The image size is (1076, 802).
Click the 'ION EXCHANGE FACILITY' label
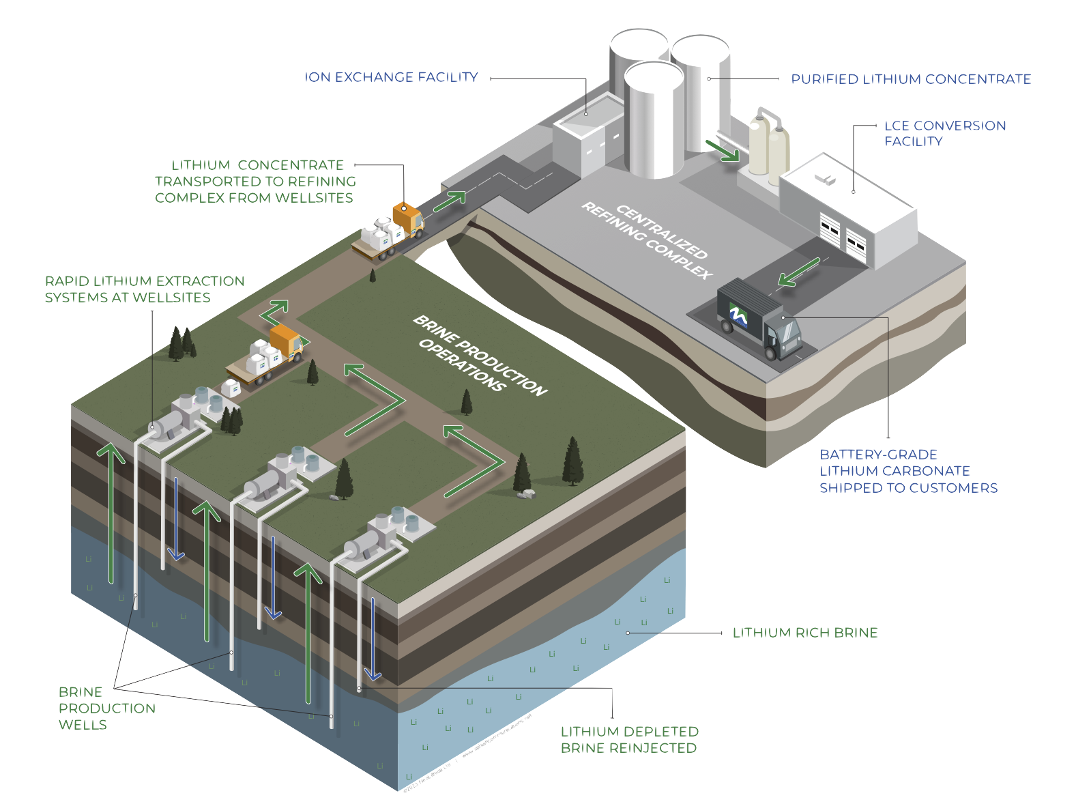pyautogui.click(x=392, y=78)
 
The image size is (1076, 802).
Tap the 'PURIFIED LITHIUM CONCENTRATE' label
pyautogui.click(x=911, y=81)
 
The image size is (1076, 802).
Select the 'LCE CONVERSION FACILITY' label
pyautogui.click(x=945, y=133)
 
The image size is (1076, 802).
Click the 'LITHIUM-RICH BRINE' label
pyautogui.click(x=805, y=633)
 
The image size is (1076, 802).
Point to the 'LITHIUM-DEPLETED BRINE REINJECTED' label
pyautogui.click(x=629, y=740)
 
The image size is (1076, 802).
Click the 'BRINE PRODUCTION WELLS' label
pyautogui.click(x=106, y=708)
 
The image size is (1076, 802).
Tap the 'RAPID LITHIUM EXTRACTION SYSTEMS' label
pyautogui.click(x=144, y=289)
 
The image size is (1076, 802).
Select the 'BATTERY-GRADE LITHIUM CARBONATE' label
pyautogui.click(x=907, y=472)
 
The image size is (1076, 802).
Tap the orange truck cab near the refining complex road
pyautogui.click(x=408, y=218)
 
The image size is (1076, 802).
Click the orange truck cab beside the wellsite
pyautogui.click(x=287, y=341)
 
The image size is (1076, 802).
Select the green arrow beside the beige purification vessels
pyautogui.click(x=722, y=149)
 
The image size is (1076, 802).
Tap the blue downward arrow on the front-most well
pyautogui.click(x=373, y=639)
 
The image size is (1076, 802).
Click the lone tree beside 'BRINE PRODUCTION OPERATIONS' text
pyautogui.click(x=467, y=402)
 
